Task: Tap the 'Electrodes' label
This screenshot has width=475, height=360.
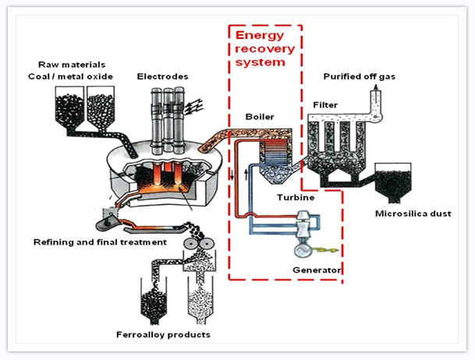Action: pos(162,76)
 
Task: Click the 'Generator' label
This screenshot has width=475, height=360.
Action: pos(316,270)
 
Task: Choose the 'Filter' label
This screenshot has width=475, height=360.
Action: pos(324,104)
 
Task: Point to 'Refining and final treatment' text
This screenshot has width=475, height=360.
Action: pos(100,242)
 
